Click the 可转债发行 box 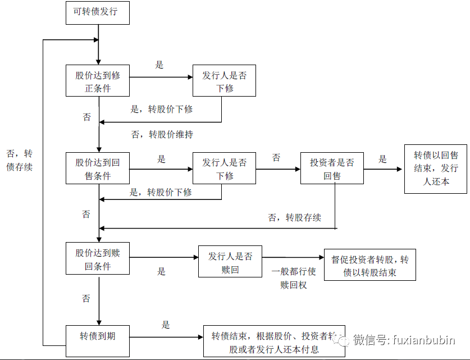coord(98,12)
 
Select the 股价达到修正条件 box coord(98,81)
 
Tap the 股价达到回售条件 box coord(98,168)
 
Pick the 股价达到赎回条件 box coord(98,259)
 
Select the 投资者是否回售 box coord(332,168)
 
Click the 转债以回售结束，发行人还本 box coord(436,168)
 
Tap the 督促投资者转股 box coord(370,266)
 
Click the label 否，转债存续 coord(20,160)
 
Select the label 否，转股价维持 coord(162,135)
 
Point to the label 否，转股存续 coord(295,217)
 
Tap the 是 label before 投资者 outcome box coord(383,159)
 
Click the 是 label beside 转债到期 coord(166,325)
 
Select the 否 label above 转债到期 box coord(86,299)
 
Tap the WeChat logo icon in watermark coord(343,340)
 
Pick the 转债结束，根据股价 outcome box coord(273,341)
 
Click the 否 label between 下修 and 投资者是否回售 coord(276,158)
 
